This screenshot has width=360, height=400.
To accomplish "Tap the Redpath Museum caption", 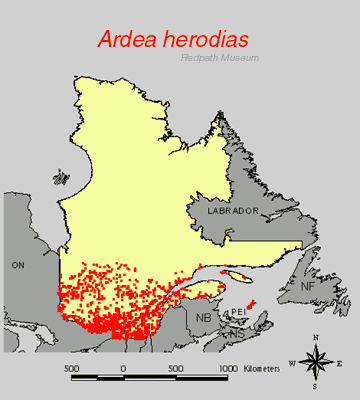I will (x=220, y=57).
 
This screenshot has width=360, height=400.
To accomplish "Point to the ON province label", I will (x=17, y=267).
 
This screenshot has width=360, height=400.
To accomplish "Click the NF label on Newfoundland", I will (x=312, y=286).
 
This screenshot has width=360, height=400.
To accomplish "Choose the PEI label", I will (x=238, y=312).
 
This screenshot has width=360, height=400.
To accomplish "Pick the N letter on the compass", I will (x=315, y=343).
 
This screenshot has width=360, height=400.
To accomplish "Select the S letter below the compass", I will (x=315, y=385).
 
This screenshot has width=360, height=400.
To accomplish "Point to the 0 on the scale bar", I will (x=123, y=367).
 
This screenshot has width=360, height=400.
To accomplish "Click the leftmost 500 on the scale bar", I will (x=71, y=367).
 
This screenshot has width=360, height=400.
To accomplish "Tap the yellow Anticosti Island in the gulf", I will (x=238, y=274).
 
